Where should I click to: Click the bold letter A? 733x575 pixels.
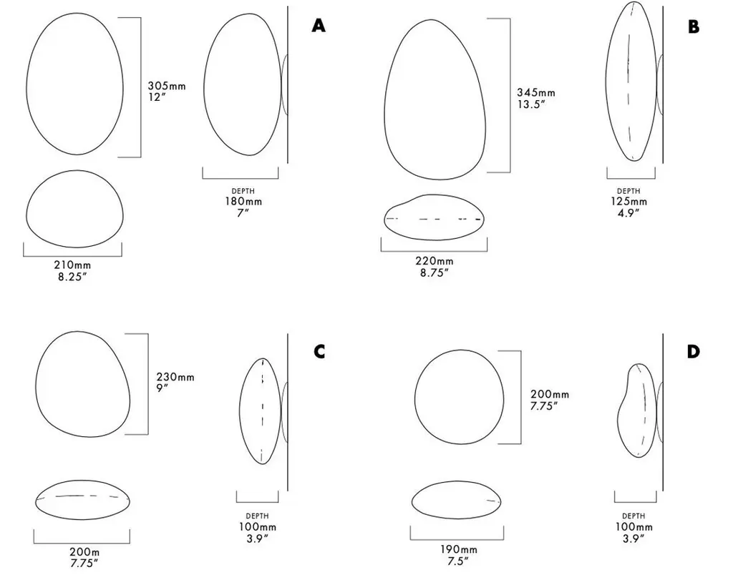[x=319, y=25]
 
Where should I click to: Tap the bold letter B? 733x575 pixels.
[x=693, y=26]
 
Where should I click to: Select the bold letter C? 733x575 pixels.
[x=319, y=351]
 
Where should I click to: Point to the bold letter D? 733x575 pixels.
[x=693, y=351]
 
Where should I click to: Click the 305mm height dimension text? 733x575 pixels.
[x=167, y=86]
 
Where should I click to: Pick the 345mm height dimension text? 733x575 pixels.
[x=536, y=92]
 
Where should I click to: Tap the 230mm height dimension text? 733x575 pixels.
[x=175, y=377]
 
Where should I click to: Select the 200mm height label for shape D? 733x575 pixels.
[x=550, y=395]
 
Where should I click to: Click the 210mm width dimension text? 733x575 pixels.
[x=72, y=265]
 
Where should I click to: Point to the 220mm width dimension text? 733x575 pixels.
[x=435, y=261]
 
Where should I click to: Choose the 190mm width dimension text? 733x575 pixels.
[x=458, y=549]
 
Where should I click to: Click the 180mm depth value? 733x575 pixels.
[x=243, y=201]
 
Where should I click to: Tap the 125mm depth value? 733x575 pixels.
[x=628, y=201]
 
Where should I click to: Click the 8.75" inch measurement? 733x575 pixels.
[x=435, y=272]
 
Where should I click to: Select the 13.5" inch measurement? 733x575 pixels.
[x=532, y=104]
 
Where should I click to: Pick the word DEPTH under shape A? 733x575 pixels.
[x=243, y=191]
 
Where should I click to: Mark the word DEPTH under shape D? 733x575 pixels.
[x=634, y=516]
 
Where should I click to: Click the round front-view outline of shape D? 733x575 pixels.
[x=415, y=397]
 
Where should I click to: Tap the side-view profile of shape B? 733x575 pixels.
[x=606, y=82]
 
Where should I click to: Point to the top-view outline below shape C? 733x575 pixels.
[x=83, y=481]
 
